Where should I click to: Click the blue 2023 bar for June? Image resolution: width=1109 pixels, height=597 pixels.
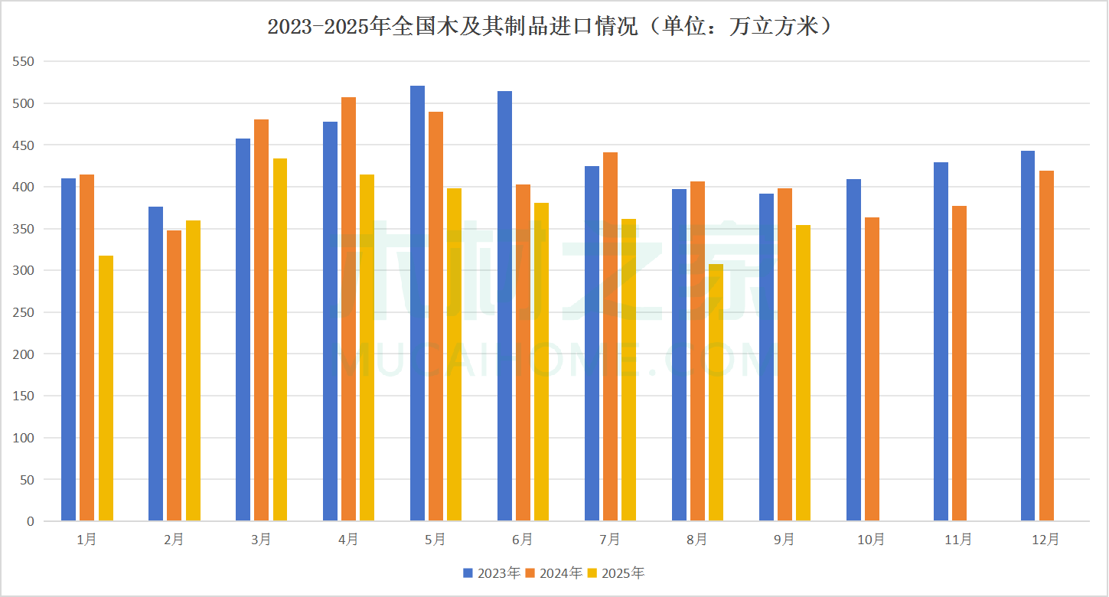[504, 306]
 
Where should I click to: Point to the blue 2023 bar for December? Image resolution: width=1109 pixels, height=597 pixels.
[1028, 336]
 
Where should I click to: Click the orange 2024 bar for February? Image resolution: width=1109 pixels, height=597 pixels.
[174, 376]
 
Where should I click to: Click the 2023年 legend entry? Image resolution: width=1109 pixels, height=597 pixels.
[491, 573]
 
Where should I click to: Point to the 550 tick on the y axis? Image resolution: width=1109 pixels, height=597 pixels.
[24, 61]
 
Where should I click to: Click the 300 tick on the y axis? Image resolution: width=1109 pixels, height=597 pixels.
[24, 270]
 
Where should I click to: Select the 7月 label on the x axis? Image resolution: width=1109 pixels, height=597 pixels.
[610, 540]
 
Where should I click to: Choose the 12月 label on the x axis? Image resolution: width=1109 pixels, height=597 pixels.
[1045, 540]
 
